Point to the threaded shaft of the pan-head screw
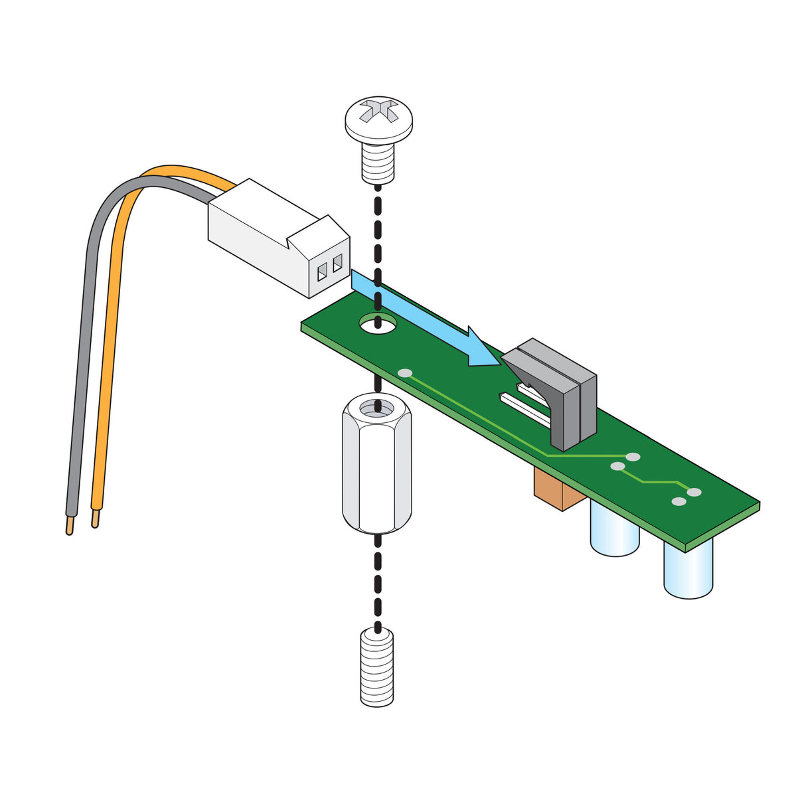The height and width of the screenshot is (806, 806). pyautogui.click(x=378, y=163)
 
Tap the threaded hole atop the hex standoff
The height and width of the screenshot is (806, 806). pyautogui.click(x=377, y=406)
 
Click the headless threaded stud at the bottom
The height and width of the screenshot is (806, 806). pyautogui.click(x=377, y=667)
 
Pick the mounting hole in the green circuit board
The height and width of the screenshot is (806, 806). pyautogui.click(x=378, y=324)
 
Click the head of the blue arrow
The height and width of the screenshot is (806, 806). pyautogui.click(x=481, y=349)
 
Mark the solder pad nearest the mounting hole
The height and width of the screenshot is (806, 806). pyautogui.click(x=404, y=373)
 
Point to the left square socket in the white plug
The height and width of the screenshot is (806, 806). pyautogui.click(x=323, y=271)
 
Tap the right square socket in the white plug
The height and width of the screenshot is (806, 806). pyautogui.click(x=337, y=263)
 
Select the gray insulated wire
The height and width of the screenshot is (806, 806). pyautogui.click(x=83, y=332)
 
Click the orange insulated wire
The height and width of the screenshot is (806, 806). pyautogui.click(x=110, y=332)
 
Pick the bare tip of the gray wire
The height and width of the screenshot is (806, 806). pyautogui.click(x=70, y=528)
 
